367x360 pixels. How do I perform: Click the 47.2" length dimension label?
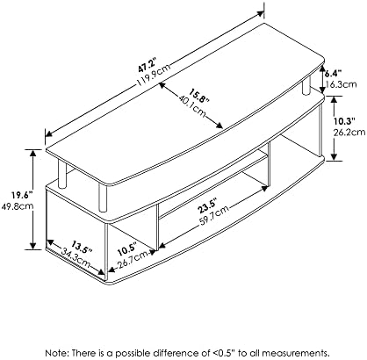coord(148,66)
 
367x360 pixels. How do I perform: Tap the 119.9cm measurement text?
coord(154,75)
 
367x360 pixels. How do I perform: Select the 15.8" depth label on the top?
coord(200,95)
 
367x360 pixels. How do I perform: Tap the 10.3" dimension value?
coord(345,120)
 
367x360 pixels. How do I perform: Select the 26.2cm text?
coord(349,133)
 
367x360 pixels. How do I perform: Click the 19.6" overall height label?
coord(22,194)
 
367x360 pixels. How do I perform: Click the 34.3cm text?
coord(76,258)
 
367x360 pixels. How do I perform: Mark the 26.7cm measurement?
coord(133,260)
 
